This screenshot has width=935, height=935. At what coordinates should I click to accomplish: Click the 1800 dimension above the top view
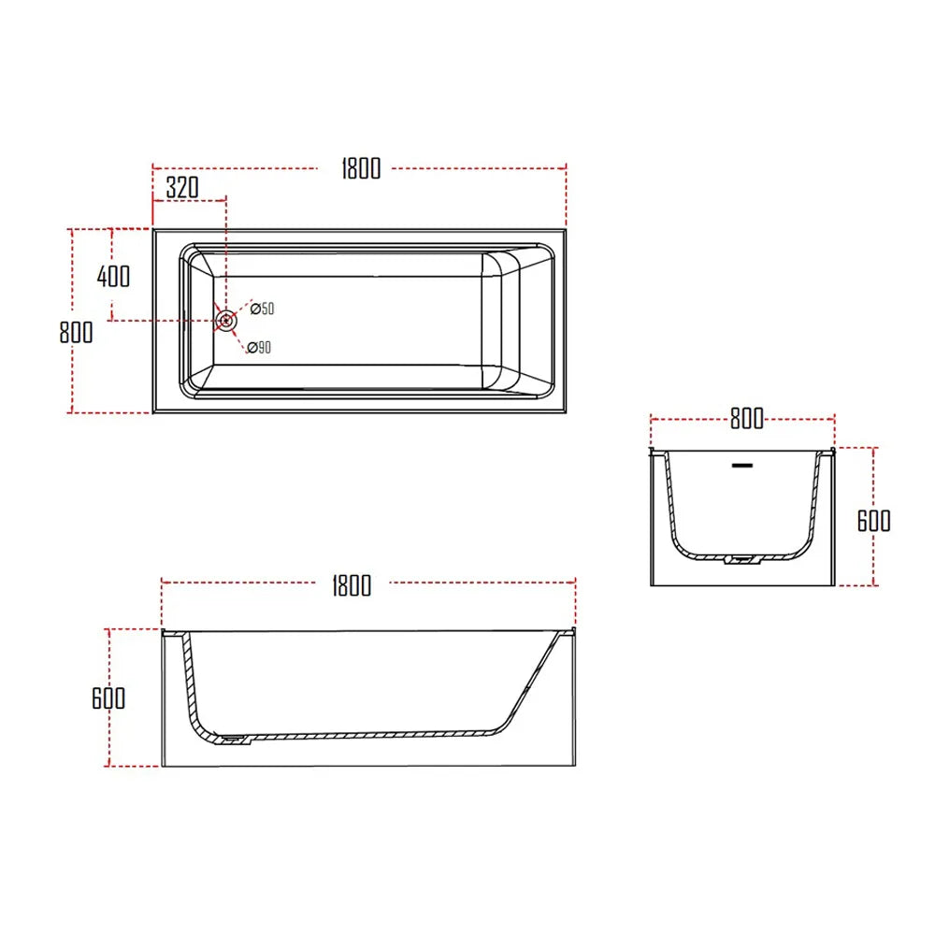click(x=361, y=168)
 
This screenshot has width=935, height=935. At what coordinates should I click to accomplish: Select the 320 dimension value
click(x=182, y=187)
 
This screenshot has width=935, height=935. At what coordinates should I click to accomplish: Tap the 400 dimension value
click(x=114, y=276)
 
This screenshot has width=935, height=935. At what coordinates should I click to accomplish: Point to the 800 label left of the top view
click(x=76, y=332)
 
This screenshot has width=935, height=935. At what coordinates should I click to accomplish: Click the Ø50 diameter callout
click(x=261, y=309)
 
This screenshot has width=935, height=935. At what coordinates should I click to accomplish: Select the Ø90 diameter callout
click(x=260, y=348)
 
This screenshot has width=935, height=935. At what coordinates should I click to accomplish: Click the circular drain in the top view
click(x=225, y=321)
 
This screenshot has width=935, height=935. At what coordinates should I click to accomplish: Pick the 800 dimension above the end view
click(x=746, y=419)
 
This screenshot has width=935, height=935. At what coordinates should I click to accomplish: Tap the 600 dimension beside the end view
click(x=873, y=520)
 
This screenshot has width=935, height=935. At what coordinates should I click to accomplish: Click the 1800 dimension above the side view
click(x=351, y=585)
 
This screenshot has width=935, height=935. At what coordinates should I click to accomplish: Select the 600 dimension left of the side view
click(x=108, y=698)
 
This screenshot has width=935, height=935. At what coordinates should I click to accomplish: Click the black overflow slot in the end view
click(x=742, y=463)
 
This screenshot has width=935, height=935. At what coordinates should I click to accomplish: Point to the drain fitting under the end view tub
click(x=741, y=560)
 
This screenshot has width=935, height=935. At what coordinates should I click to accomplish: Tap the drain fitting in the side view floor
click(x=232, y=739)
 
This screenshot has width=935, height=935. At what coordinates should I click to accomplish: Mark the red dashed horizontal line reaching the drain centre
click(x=159, y=321)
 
